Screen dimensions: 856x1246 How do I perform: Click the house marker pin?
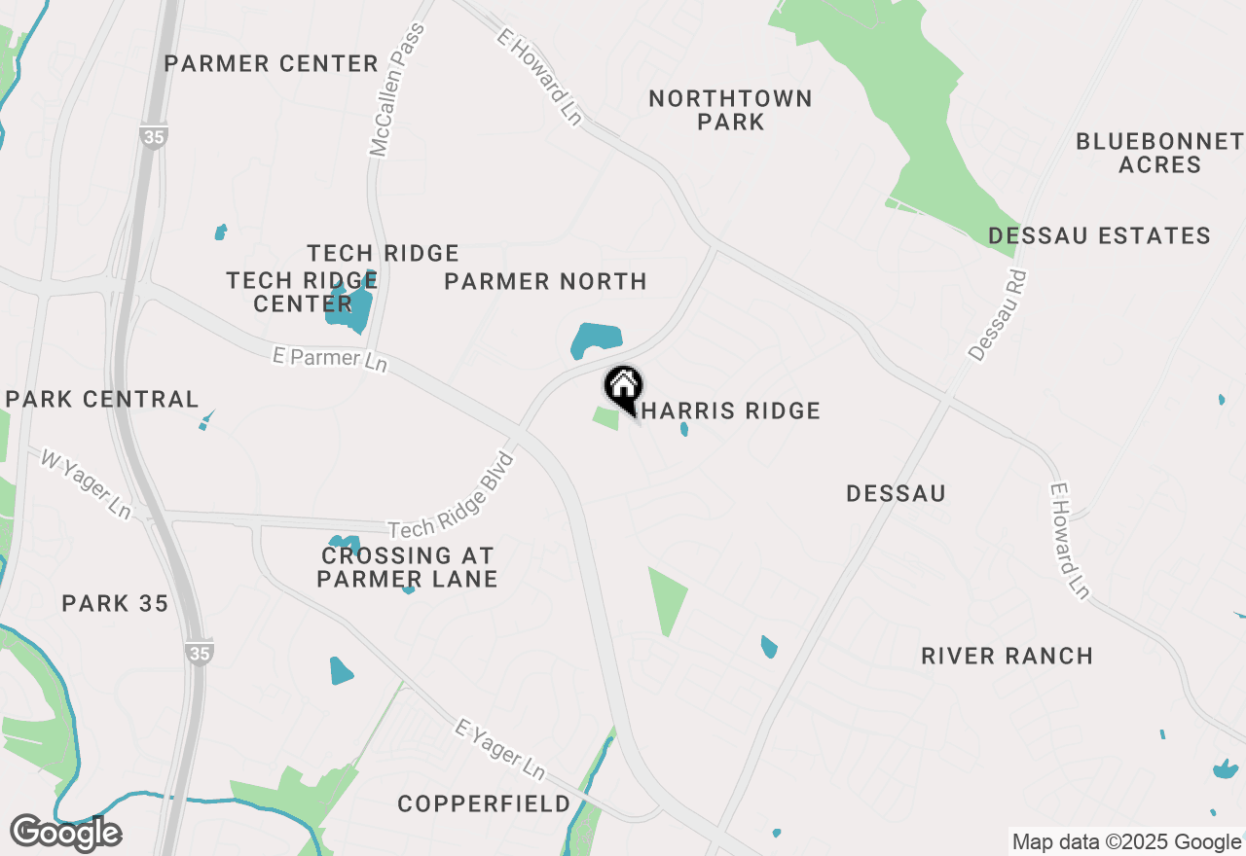[623, 387]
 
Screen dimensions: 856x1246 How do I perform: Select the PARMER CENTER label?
[271, 64]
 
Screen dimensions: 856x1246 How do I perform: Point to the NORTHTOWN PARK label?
[730, 110]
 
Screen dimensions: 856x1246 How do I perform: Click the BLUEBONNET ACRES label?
[1159, 153]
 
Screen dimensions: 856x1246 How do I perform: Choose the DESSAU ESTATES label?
[1099, 235]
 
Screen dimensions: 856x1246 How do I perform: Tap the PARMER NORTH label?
[545, 281]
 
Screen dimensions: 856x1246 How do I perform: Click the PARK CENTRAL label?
[102, 399]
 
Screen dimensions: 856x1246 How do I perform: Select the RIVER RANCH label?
[1007, 656]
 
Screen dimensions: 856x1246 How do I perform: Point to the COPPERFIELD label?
[484, 803]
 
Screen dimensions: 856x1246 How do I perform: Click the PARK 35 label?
[115, 603]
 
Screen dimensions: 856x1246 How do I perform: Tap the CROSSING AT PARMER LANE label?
[407, 567]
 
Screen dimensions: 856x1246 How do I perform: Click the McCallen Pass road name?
[398, 90]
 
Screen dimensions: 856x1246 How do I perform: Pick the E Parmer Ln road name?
[330, 359]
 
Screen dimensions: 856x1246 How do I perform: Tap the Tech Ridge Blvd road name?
[452, 494]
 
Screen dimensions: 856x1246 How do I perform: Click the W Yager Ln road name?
[86, 482]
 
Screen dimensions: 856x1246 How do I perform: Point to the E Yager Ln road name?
[500, 748]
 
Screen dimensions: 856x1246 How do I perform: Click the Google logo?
[66, 833]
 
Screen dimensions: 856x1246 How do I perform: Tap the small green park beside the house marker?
[606, 418]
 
